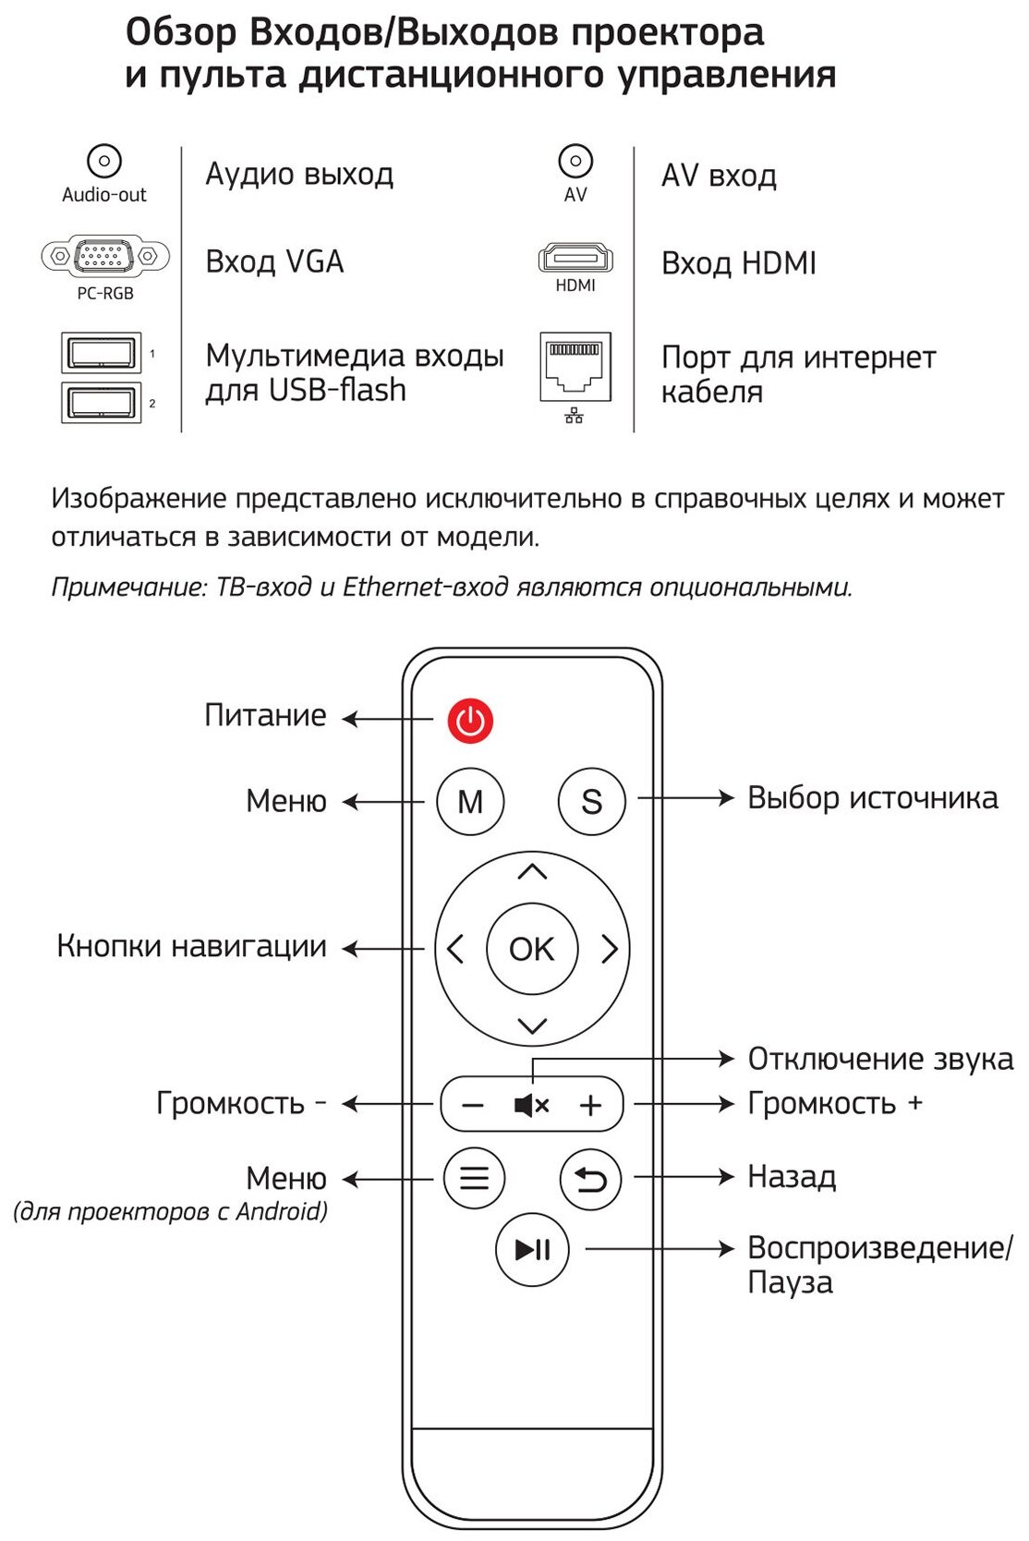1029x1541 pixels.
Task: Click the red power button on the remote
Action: coord(470,721)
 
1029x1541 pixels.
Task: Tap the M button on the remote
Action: coord(470,801)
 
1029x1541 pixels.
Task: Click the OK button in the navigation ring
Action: coord(532,949)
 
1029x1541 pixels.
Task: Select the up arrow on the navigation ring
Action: coord(532,871)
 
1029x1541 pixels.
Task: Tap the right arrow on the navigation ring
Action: coord(610,949)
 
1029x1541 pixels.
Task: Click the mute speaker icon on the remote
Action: coord(531,1104)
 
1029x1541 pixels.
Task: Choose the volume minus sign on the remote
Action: coord(473,1105)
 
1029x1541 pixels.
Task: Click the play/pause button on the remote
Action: coord(533,1250)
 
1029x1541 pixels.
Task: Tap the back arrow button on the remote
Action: coord(591,1179)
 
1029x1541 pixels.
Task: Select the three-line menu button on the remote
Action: coord(474,1178)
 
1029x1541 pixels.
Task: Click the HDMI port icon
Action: coord(575,258)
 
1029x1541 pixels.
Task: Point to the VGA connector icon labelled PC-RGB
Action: coord(105,256)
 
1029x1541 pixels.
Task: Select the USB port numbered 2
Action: coord(101,402)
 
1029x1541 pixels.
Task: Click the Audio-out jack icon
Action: coord(104,162)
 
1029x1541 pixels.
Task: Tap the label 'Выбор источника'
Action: coord(872,798)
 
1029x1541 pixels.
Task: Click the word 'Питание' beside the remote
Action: coord(265,716)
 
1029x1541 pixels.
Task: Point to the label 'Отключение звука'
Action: coord(879,1059)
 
